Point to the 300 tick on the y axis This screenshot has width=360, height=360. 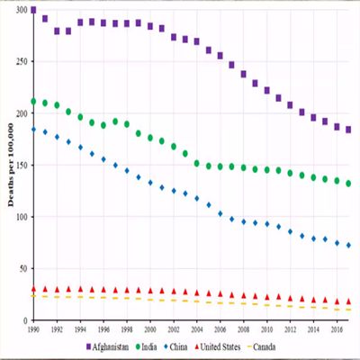[21, 10]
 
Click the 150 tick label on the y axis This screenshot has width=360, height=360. [21, 166]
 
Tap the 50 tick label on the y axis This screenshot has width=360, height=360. [22, 269]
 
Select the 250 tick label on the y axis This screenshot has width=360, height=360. [21, 62]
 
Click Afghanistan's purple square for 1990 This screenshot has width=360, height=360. [33, 11]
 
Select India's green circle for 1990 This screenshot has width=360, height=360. [33, 102]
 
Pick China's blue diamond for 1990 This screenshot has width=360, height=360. [33, 130]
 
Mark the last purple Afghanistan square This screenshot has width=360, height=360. [348, 130]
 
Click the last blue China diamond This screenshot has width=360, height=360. [348, 246]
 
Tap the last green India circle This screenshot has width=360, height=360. [348, 184]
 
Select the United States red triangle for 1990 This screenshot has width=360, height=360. [33, 290]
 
